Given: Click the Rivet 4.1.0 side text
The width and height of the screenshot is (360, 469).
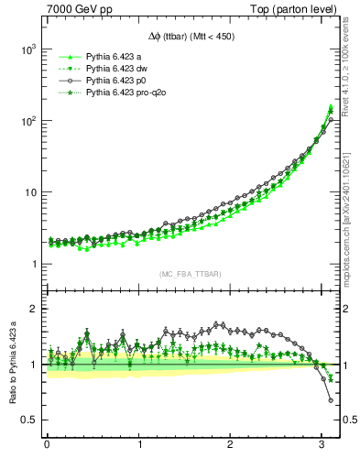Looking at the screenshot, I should click(349, 59).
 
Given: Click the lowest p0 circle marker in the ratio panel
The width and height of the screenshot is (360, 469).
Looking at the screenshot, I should click(330, 400).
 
